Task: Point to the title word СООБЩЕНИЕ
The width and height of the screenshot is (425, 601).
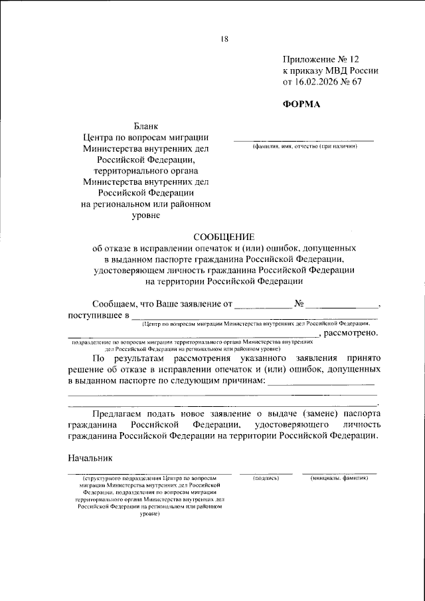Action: pos(223,236)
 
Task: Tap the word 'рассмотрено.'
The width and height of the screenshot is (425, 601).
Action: pos(353,332)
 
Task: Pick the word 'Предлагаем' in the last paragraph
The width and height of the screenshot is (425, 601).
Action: pos(119,413)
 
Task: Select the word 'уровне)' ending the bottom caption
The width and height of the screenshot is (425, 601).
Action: pos(149,514)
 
